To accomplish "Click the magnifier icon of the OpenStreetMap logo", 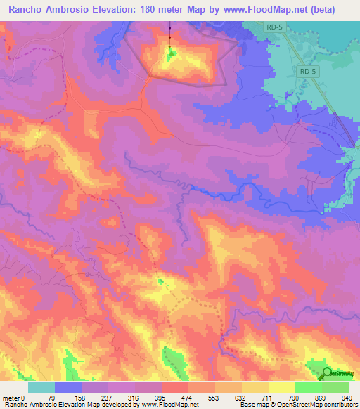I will (328, 374).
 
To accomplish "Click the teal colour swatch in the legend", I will (41, 387).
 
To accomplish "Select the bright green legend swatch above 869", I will (308, 387).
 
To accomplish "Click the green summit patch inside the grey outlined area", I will (172, 53).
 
